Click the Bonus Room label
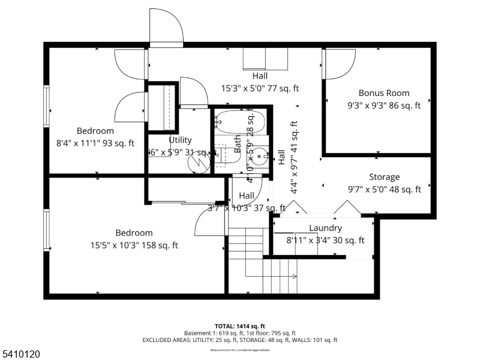pyautogui.click(x=384, y=93)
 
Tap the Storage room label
pyautogui.click(x=384, y=177)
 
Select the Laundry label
pyautogui.click(x=325, y=228)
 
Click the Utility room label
pyautogui.click(x=180, y=140)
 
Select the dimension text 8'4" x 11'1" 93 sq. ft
pyautogui.click(x=95, y=143)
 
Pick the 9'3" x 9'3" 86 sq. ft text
pyautogui.click(x=384, y=105)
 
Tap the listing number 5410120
pyautogui.click(x=20, y=355)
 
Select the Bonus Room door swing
pyautogui.click(x=337, y=64)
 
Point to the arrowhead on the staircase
pyautogui.click(x=294, y=276)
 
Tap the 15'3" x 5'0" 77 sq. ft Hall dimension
pyautogui.click(x=260, y=88)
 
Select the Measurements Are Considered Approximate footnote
pyautogui.click(x=240, y=350)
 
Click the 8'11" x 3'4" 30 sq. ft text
pyautogui.click(x=325, y=241)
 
